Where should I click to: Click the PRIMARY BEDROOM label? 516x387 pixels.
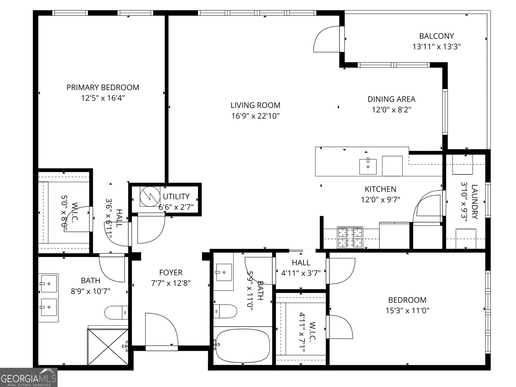coord(103,87)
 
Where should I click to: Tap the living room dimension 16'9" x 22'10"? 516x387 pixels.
coord(255,116)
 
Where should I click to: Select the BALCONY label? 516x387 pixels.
coord(436,36)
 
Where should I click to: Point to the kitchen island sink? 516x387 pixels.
coord(368,167)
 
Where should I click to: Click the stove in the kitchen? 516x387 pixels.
coord(350,237)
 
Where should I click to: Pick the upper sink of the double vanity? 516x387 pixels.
coord(49,283)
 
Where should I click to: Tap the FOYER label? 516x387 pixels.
coord(171,273)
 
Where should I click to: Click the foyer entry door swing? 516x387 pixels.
coord(161,331)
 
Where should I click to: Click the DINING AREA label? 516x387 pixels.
coord(391,99)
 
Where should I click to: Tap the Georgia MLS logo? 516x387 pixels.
coord(29,377)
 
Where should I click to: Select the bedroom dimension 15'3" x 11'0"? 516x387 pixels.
coord(407,311)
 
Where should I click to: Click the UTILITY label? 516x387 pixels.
coord(176,197)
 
